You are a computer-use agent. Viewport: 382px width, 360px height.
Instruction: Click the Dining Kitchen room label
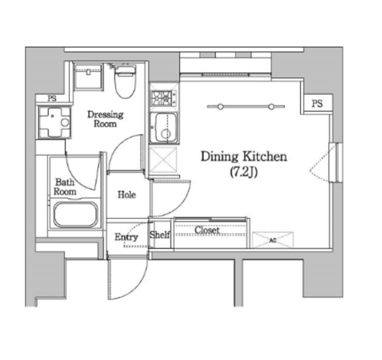point(244,156)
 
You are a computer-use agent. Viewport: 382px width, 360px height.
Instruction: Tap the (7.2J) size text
point(244,173)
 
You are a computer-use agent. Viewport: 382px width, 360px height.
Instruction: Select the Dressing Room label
point(105,119)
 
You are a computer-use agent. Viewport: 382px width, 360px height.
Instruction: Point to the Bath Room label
point(65,187)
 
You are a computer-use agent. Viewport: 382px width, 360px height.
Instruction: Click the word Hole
point(127,195)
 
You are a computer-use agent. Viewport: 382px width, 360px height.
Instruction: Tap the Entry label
point(126,237)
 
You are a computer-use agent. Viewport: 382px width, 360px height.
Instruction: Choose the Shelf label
point(160,235)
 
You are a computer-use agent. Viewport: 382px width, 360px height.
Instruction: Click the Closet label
point(207,230)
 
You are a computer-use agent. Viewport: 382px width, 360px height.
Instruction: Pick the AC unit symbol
point(273,240)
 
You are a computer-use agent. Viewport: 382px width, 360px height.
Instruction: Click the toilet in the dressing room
point(125,81)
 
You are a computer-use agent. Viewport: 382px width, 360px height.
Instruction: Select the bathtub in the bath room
point(76,215)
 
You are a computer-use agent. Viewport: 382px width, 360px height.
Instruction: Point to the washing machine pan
point(55,122)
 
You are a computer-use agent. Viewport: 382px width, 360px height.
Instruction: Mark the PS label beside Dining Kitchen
point(317,104)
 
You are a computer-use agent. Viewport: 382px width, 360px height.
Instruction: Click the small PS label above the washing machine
point(52,99)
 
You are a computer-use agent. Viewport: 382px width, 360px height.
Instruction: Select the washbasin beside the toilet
point(88,76)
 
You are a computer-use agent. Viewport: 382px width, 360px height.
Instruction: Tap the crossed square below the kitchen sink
point(163,159)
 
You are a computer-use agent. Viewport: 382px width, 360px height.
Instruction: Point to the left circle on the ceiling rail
point(220,106)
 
